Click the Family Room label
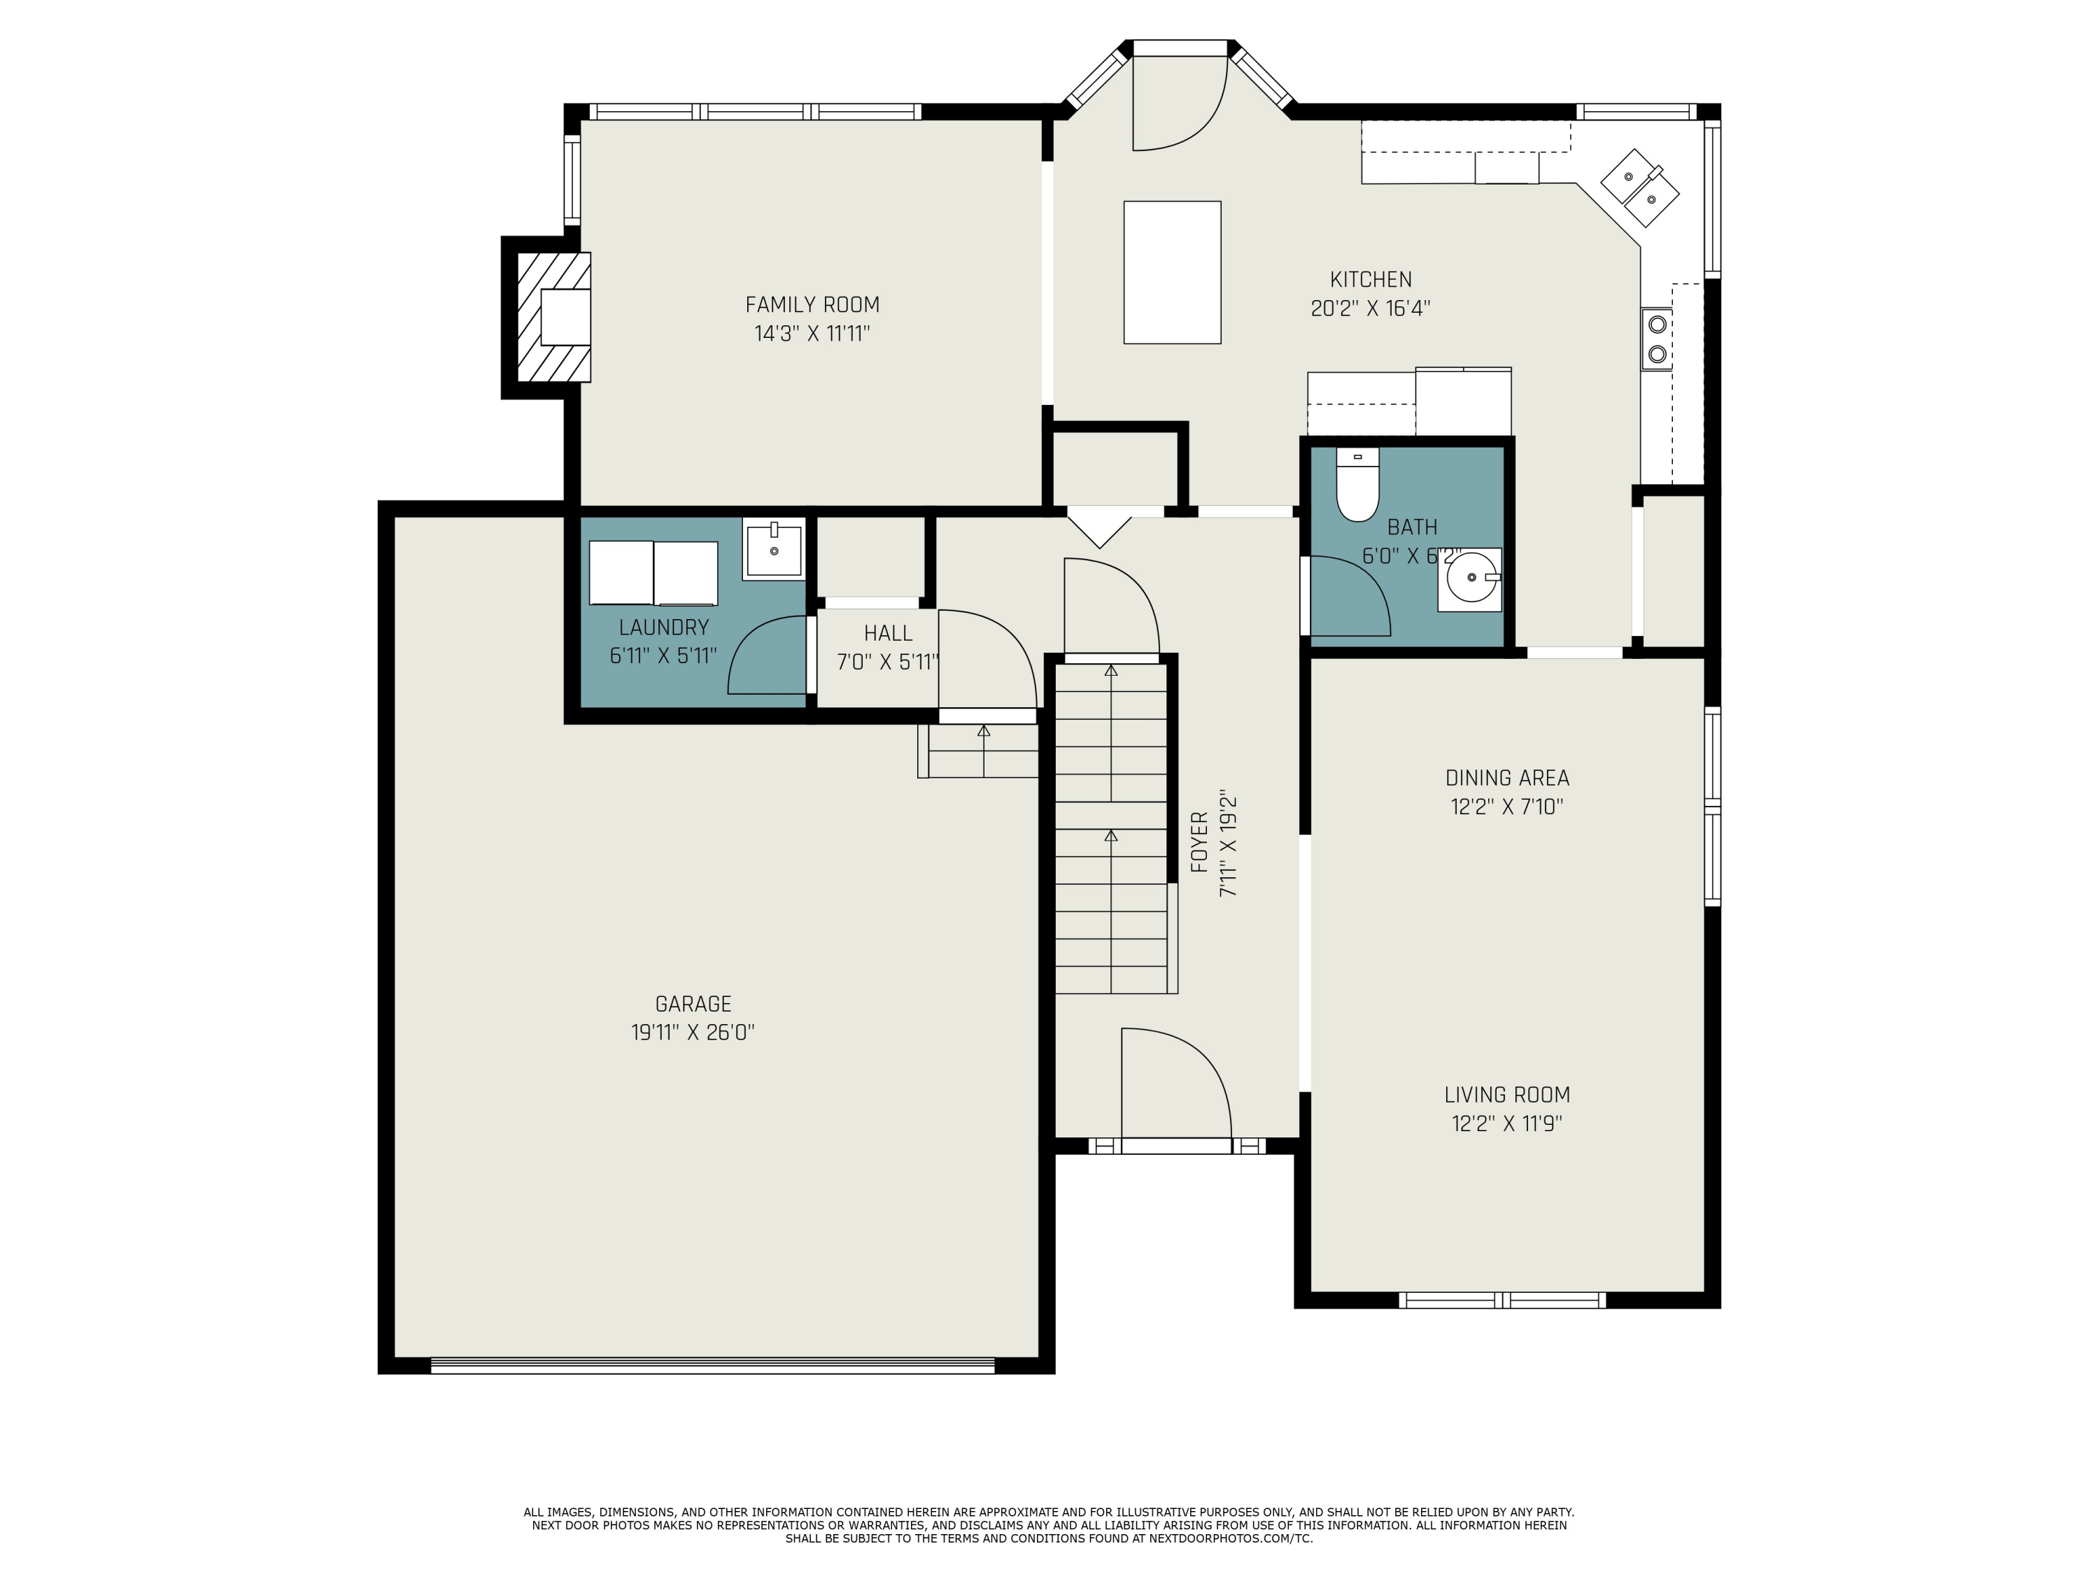tap(812, 304)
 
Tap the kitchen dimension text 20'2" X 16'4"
tap(1370, 309)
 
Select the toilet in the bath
tap(1357, 485)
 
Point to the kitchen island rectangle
tap(1172, 272)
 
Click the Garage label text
tap(693, 1004)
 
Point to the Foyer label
tap(1199, 842)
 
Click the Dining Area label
tap(1507, 778)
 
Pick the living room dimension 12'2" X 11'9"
tap(1507, 1124)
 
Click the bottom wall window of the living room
tap(1502, 1300)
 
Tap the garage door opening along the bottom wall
tap(712, 1366)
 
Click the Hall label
tap(887, 633)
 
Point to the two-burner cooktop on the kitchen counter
tap(1657, 339)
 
